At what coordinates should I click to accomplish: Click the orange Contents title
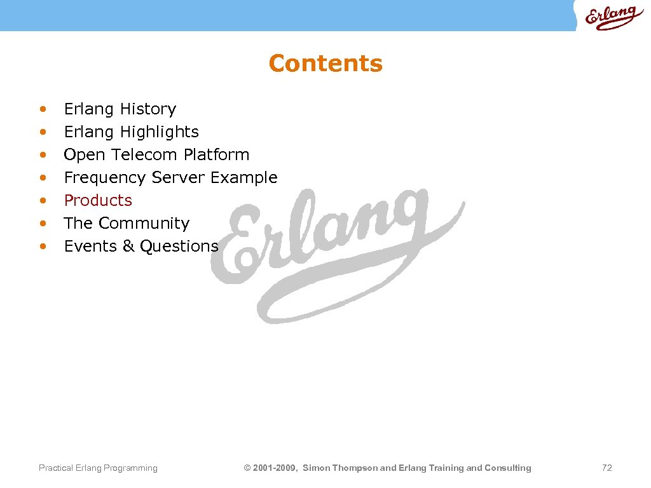click(x=325, y=64)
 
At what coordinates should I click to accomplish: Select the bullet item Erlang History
click(x=120, y=109)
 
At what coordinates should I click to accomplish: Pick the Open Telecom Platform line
click(x=156, y=154)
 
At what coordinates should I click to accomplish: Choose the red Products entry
click(x=98, y=200)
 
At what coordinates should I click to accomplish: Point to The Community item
click(x=127, y=223)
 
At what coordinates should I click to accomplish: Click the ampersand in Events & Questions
click(x=128, y=246)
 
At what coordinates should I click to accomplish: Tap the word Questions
click(x=179, y=246)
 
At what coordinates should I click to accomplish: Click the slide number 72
click(x=606, y=468)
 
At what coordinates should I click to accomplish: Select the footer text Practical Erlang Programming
click(x=98, y=468)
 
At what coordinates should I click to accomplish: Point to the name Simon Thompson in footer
click(x=339, y=468)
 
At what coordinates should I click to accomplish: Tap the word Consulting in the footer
click(x=508, y=468)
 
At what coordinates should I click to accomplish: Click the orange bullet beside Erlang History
click(x=43, y=109)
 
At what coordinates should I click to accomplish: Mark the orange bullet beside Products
click(x=43, y=200)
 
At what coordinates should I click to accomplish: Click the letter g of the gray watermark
click(x=407, y=222)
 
